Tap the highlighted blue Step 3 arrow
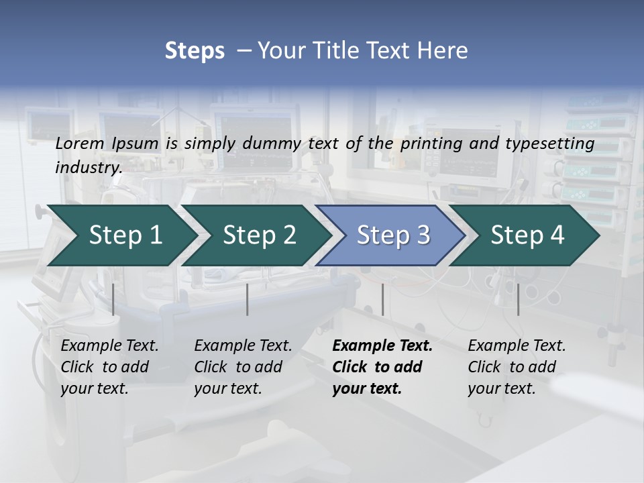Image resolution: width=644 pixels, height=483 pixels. pyautogui.click(x=393, y=235)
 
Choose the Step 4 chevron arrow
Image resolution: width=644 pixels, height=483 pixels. pyautogui.click(x=527, y=235)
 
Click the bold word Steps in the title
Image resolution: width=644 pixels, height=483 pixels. pyautogui.click(x=195, y=50)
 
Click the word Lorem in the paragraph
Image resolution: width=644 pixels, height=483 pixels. pyautogui.click(x=80, y=144)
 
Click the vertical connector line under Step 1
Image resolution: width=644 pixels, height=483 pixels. pyautogui.click(x=113, y=299)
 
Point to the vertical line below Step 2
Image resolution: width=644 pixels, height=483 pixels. pyautogui.click(x=248, y=299)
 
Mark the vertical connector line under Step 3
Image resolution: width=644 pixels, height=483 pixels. pyautogui.click(x=382, y=299)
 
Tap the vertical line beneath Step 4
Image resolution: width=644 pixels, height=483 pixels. pyautogui.click(x=518, y=299)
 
